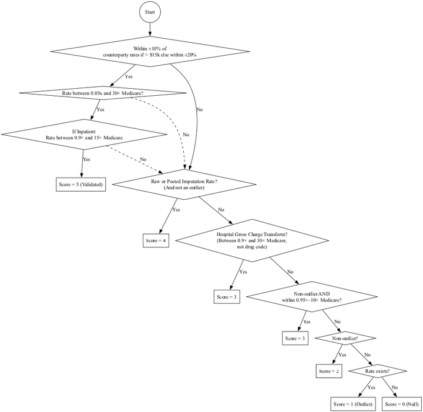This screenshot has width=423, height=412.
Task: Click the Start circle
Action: tap(150, 12)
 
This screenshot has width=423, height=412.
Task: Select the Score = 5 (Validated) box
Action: tap(81, 185)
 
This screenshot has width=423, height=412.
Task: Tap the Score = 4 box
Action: tap(156, 241)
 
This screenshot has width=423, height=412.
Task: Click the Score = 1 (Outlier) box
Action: tap(353, 404)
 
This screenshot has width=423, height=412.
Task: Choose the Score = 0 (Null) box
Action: tap(401, 404)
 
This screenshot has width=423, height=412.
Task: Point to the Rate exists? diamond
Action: tap(377, 371)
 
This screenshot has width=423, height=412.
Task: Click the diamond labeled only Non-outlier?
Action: tap(345, 339)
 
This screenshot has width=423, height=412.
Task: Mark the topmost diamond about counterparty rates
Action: tap(150, 52)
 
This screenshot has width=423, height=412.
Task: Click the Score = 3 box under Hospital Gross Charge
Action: tap(227, 297)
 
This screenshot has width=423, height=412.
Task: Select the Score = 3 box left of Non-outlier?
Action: tap(295, 339)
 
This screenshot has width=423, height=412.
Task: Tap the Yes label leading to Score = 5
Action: tap(86, 159)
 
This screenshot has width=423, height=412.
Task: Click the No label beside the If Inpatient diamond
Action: tap(143, 159)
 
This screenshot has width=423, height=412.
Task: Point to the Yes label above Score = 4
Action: tap(176, 210)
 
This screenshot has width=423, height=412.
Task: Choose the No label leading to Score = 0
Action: tap(394, 387)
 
